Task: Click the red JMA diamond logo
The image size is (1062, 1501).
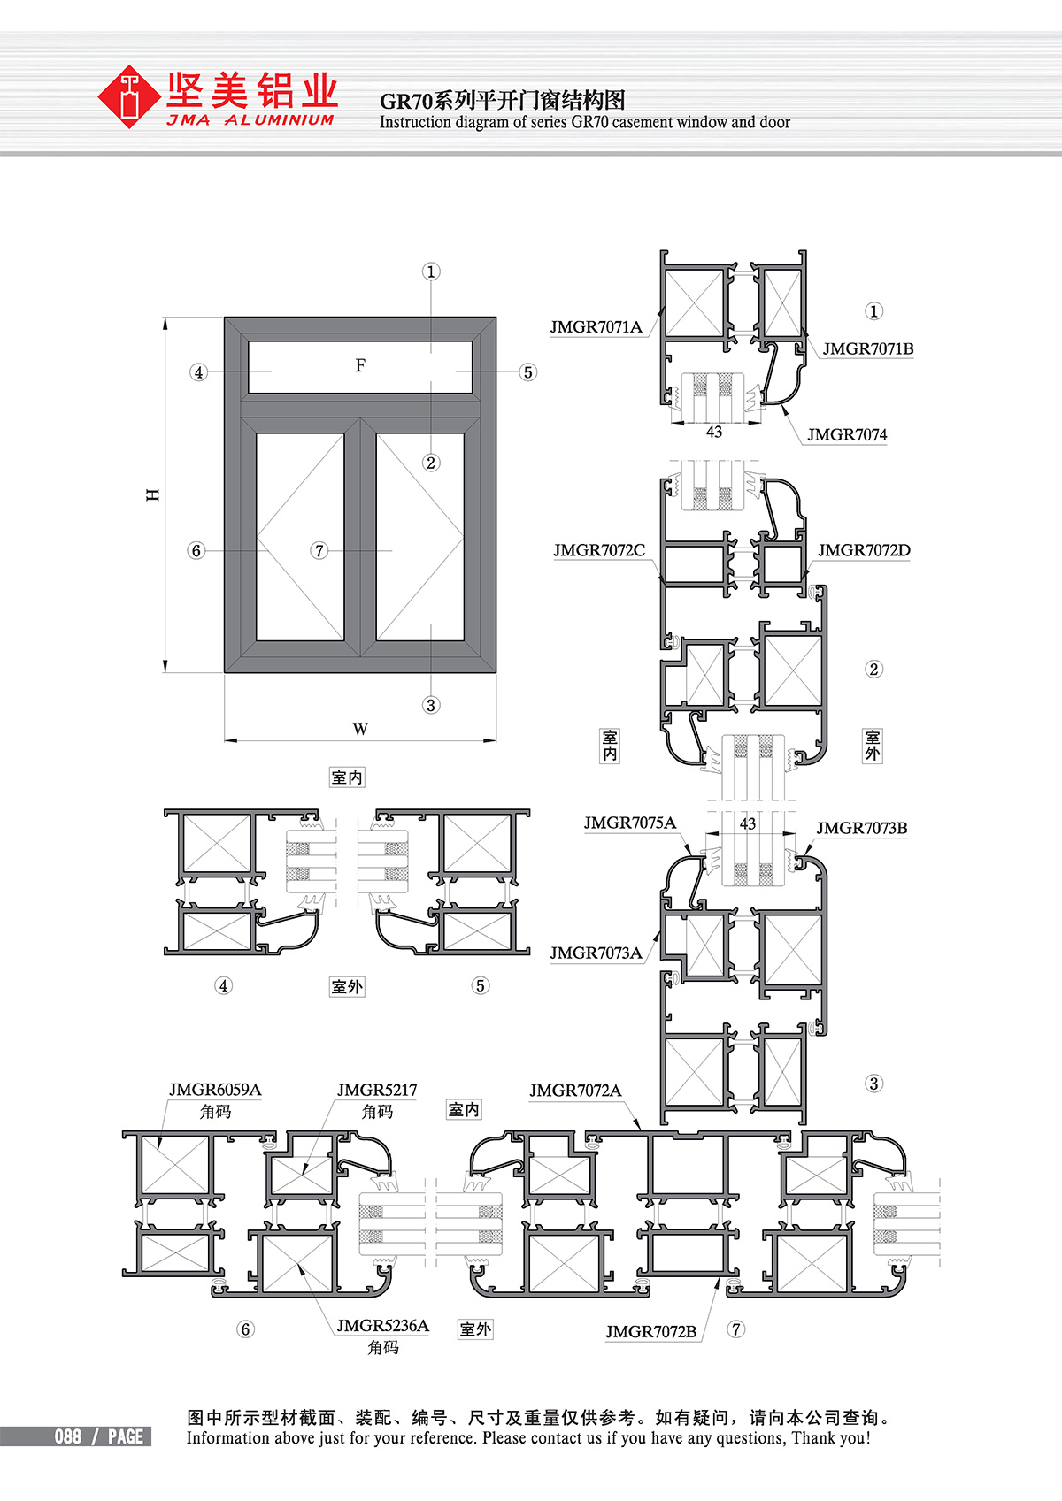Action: [129, 96]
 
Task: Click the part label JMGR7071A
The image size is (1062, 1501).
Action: [596, 327]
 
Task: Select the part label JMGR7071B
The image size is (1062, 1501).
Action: [867, 348]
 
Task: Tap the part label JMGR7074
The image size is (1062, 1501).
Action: [847, 435]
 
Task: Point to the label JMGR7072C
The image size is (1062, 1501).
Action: [599, 550]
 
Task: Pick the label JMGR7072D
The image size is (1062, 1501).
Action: [864, 550]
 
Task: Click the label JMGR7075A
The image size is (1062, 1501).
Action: [629, 823]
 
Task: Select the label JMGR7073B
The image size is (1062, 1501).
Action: [861, 828]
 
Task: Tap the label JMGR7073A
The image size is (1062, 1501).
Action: [596, 953]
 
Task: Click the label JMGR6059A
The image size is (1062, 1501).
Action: [214, 1090]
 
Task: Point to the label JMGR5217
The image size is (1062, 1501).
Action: [377, 1091]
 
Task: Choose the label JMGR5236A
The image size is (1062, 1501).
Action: [383, 1326]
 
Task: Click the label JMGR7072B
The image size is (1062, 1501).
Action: [651, 1331]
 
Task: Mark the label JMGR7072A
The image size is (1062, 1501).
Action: [575, 1091]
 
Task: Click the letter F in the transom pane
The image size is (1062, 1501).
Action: [361, 365]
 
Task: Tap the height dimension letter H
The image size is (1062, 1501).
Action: [153, 494]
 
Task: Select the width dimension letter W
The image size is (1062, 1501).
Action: [360, 729]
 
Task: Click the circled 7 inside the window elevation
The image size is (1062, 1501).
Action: [319, 551]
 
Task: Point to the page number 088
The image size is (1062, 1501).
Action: [68, 1436]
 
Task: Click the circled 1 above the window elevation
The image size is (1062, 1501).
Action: [431, 272]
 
